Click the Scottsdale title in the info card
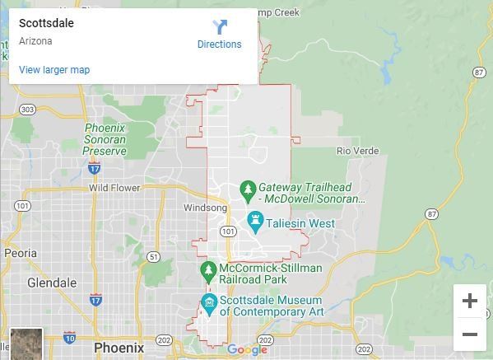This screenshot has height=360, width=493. pos(46,24)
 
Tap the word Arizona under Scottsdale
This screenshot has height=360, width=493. pos(35,41)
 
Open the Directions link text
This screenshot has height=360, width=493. pos(219,44)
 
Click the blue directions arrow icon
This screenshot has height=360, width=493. pos(220,27)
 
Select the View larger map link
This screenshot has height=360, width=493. pos(54,70)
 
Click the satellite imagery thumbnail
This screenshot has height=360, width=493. pos(26,344)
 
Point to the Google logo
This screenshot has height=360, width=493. pos(247,350)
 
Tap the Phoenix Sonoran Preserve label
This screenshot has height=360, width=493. pos(105,140)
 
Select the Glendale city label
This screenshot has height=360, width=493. pos(52,283)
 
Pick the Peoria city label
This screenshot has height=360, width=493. pos(21,254)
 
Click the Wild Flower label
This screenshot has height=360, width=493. pos(114,188)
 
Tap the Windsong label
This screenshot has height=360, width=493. pos(204,208)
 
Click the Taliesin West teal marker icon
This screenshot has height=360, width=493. pos(255,222)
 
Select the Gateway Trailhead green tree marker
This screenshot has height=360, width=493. pos(247,190)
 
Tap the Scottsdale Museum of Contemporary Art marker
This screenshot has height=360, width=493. pos(209,303)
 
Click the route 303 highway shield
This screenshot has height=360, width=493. pos(27,110)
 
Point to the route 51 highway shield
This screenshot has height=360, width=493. pos(154,257)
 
